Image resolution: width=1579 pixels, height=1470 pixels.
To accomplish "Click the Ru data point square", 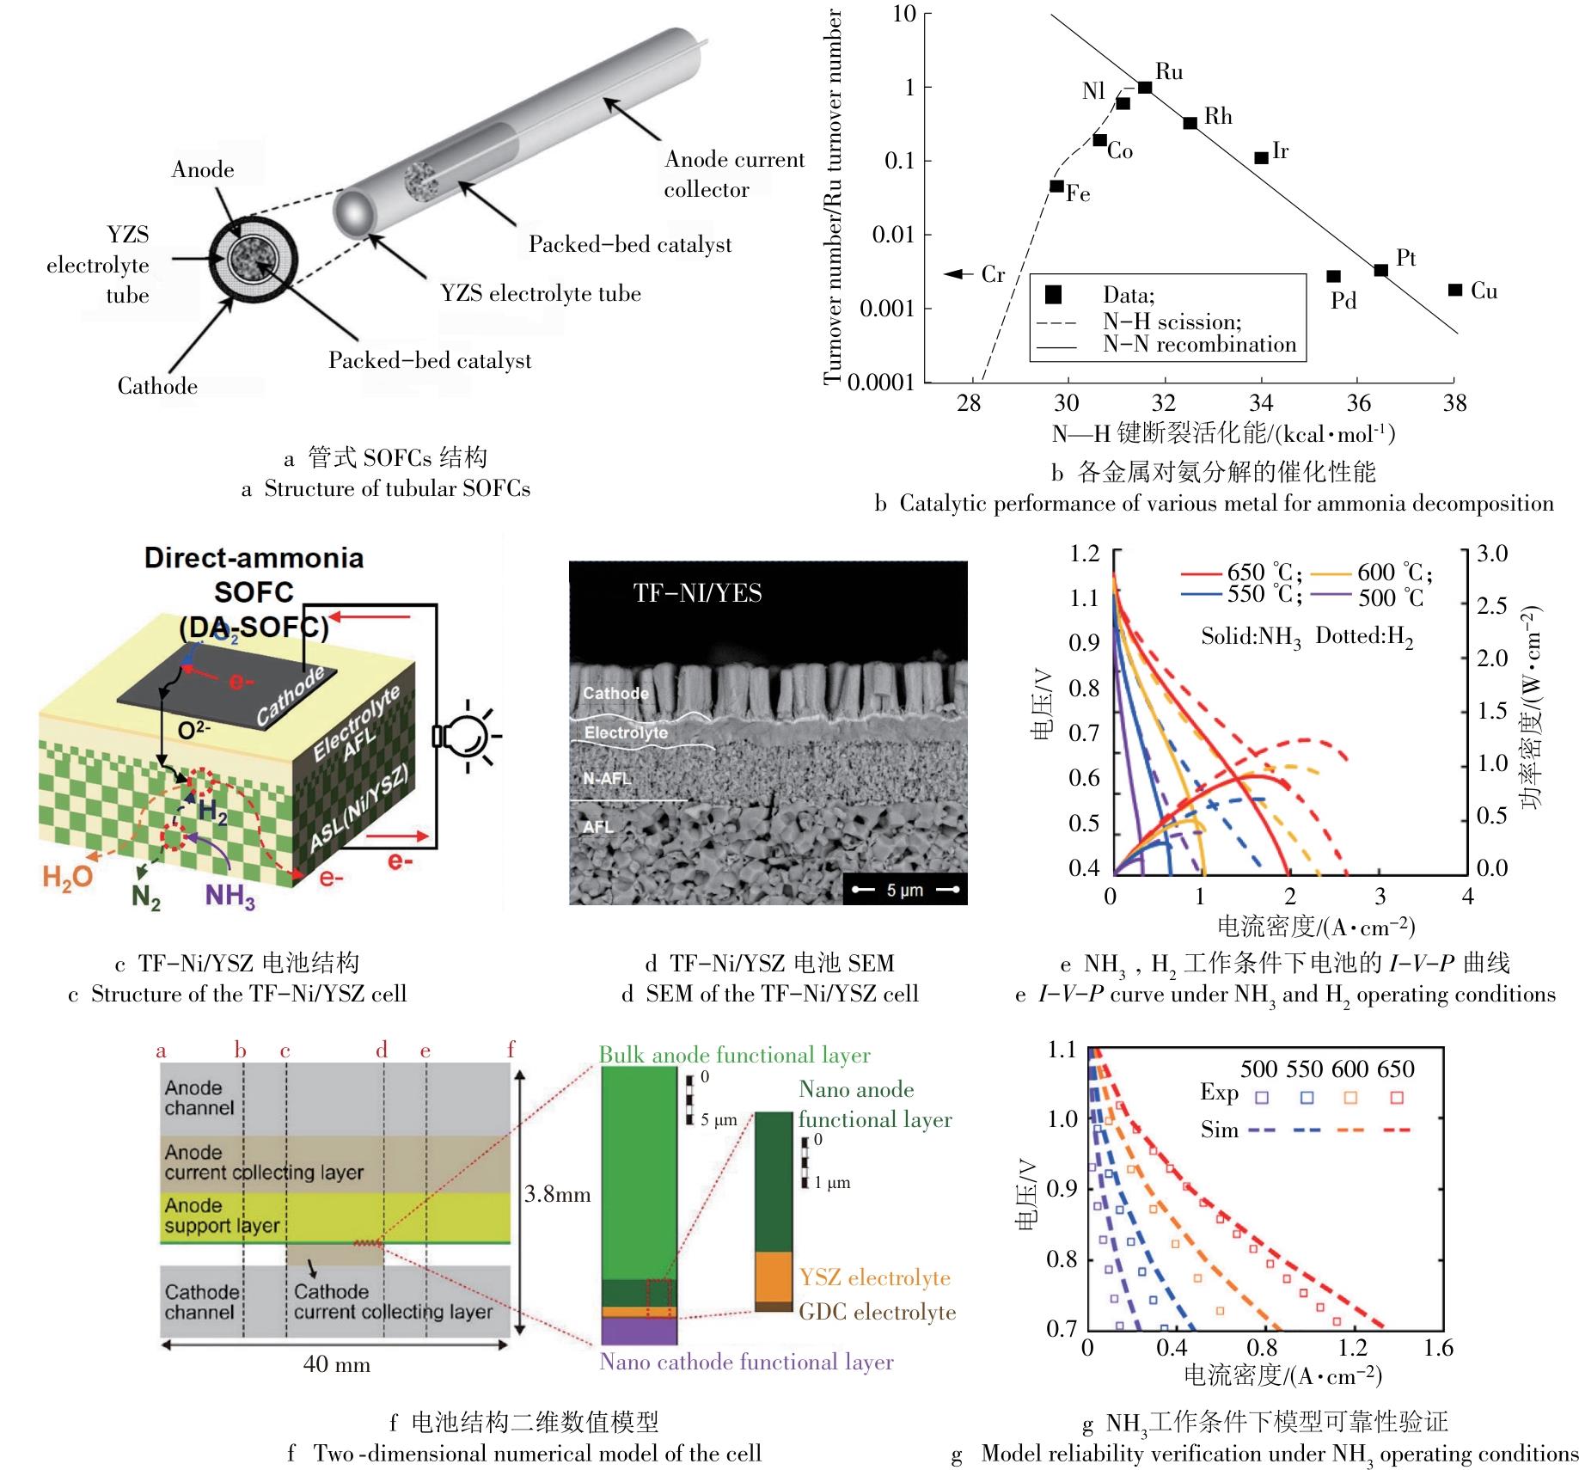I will coord(1145,87).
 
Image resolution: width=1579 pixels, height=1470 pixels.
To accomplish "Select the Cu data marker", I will coord(1454,290).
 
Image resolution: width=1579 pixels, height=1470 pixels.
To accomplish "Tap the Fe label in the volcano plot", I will coord(1078,194).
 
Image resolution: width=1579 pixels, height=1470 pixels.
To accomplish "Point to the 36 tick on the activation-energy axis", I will coord(1358,402).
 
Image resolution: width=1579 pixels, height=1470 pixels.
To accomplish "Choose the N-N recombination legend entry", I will coord(1199,345).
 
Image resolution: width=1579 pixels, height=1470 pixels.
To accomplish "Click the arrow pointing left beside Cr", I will coord(955,274).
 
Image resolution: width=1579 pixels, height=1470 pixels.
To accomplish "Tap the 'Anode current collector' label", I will coord(733,174).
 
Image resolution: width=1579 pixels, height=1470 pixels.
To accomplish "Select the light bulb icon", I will coord(467,736).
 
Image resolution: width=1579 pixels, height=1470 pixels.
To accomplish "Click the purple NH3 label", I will coord(230,896).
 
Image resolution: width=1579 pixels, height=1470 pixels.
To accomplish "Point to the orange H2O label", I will coord(67,879).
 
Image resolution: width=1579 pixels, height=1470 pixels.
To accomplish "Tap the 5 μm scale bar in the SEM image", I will coord(904,890).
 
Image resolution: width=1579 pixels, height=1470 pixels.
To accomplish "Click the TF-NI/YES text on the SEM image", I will coord(697,592).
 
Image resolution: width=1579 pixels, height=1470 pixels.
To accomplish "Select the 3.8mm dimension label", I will coord(557,1194).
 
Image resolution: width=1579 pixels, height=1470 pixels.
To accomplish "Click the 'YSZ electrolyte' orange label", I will coord(874,1277).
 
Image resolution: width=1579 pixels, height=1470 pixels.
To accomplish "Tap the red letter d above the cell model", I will coord(382,1050).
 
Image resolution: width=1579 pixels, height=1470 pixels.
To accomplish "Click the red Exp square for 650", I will coord(1397,1098).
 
